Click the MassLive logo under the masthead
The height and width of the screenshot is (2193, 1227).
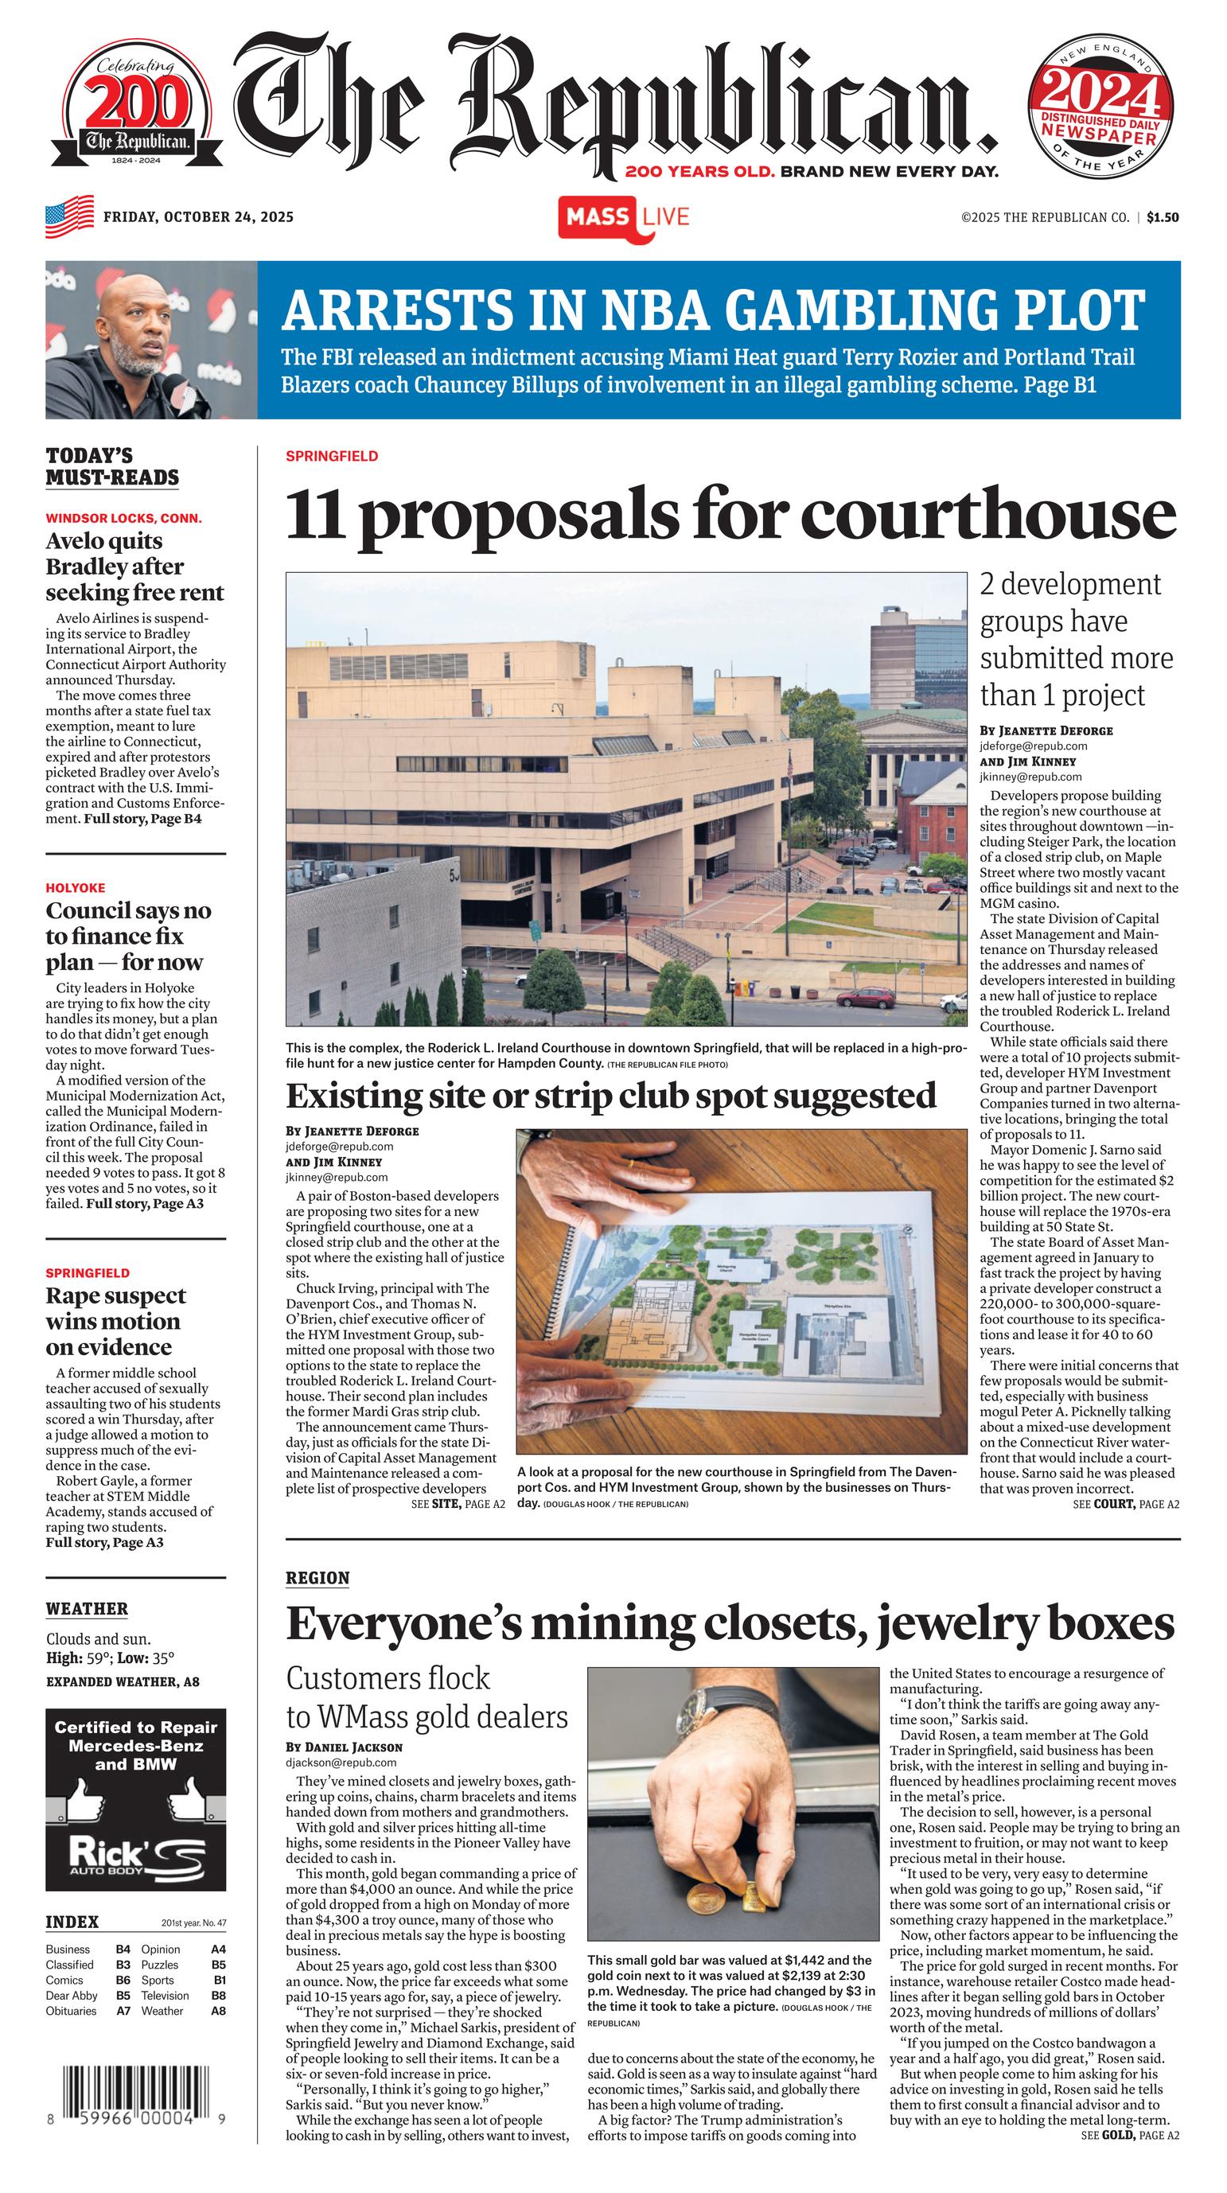[623, 217]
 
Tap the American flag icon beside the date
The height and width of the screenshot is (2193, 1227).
[69, 216]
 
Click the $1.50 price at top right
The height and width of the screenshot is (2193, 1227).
[1163, 217]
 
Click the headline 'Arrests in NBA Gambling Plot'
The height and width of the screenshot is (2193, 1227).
[713, 310]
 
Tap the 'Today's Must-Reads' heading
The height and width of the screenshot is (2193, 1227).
[112, 465]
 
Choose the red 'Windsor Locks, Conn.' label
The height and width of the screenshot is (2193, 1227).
[123, 517]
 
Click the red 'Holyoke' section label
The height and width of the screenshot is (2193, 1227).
[76, 887]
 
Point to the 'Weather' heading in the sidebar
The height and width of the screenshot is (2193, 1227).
[87, 1608]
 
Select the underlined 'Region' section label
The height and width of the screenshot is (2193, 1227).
[317, 1576]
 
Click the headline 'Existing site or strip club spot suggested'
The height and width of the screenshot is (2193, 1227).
[610, 1096]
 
